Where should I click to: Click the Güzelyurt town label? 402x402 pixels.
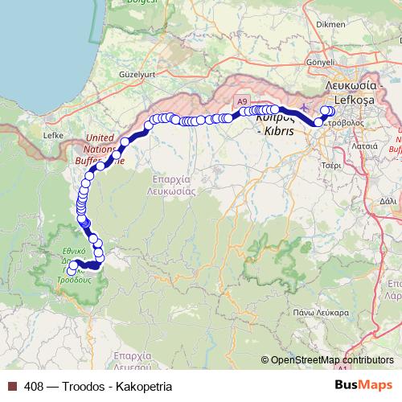pos(136,73)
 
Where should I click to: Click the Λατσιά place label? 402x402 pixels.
pos(365,146)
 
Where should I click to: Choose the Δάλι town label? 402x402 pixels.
pos(387,200)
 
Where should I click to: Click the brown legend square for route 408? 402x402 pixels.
pos(12,386)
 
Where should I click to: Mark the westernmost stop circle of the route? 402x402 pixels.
pos(71,272)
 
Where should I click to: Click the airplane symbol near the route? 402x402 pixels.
pos(302,105)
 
